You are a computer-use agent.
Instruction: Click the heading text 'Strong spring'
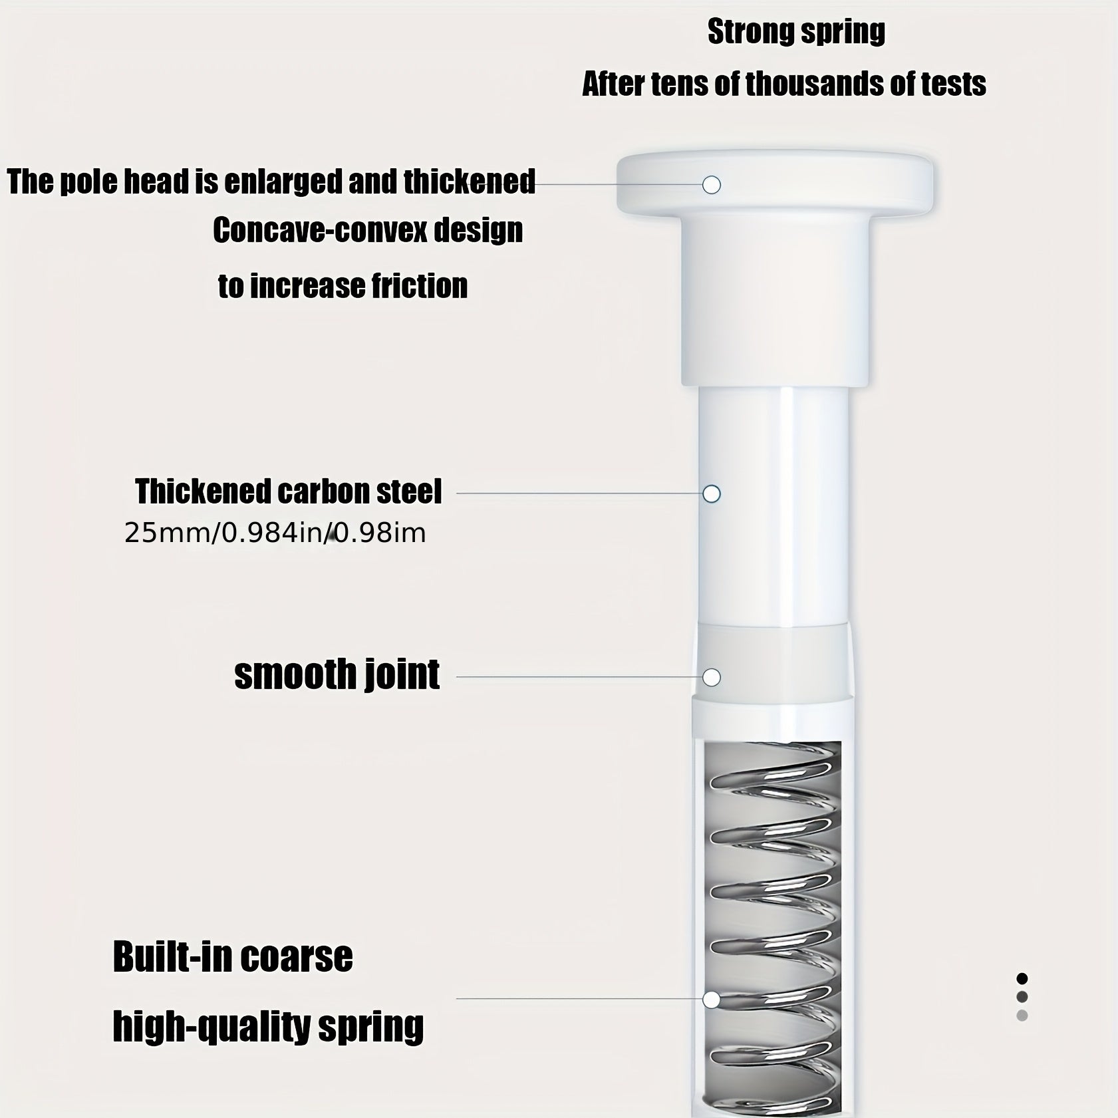tap(796, 32)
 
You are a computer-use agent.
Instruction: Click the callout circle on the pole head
tap(712, 185)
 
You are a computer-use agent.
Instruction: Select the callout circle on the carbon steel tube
tap(712, 494)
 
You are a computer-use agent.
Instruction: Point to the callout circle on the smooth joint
tap(712, 678)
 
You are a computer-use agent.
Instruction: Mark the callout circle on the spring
tap(712, 1000)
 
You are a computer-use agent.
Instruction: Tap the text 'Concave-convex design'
tap(368, 231)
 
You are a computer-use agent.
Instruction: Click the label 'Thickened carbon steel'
tap(289, 491)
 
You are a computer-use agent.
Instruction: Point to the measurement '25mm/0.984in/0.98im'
tap(275, 533)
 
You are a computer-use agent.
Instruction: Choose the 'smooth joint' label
tap(337, 675)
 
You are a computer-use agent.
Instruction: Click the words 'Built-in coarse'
tap(233, 957)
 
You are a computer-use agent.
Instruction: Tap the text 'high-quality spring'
tap(268, 1027)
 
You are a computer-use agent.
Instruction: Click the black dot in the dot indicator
tap(1022, 978)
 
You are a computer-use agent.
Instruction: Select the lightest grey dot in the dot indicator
tap(1022, 1016)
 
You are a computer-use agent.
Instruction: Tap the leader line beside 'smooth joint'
tap(579, 678)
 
